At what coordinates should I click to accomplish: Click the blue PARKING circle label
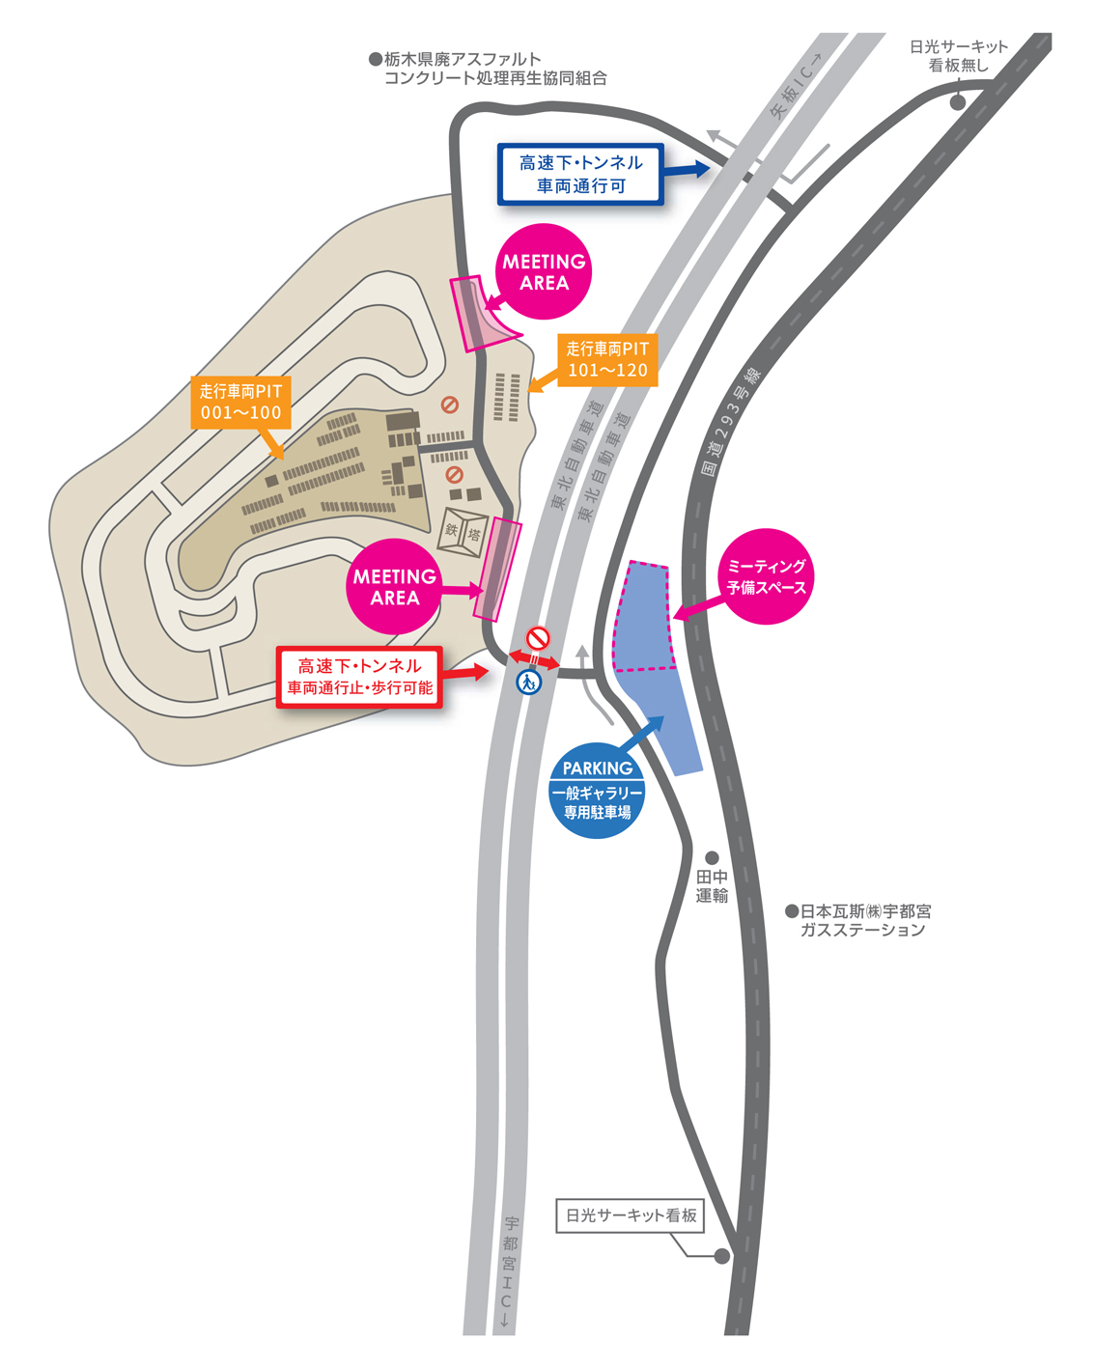[x=597, y=790]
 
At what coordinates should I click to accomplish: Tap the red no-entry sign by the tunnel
[x=537, y=638]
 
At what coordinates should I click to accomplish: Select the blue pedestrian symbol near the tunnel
[x=528, y=683]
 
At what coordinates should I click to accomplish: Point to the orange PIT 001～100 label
[x=240, y=402]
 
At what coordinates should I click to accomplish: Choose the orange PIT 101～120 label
[x=607, y=359]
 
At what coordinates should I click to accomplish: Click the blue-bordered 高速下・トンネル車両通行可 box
[x=580, y=174]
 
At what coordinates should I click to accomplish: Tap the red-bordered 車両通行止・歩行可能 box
[x=359, y=677]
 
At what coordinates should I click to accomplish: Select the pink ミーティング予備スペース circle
[x=766, y=576]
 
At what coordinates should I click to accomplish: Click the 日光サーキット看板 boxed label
[x=631, y=1215]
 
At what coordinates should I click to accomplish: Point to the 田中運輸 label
[x=712, y=886]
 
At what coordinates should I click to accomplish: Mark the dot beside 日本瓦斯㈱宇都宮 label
[x=792, y=910]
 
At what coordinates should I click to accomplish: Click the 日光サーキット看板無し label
[x=958, y=56]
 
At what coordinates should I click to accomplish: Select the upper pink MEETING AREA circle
[x=544, y=272]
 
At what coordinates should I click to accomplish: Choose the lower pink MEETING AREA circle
[x=394, y=587]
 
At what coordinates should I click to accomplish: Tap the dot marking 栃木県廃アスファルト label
[x=376, y=59]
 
